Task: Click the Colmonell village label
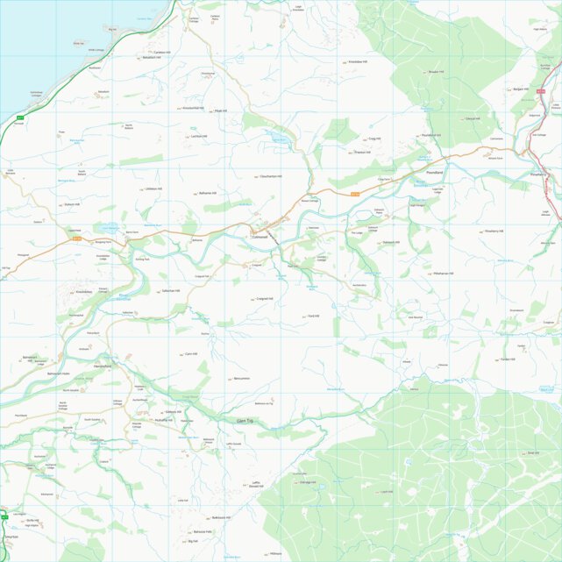(x=260, y=238)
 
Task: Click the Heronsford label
(x=103, y=366)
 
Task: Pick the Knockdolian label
(x=84, y=290)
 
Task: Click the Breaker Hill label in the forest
(x=438, y=72)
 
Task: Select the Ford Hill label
(x=313, y=316)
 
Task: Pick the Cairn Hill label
(x=190, y=354)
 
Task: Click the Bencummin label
(x=241, y=379)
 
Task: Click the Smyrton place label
(x=11, y=537)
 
